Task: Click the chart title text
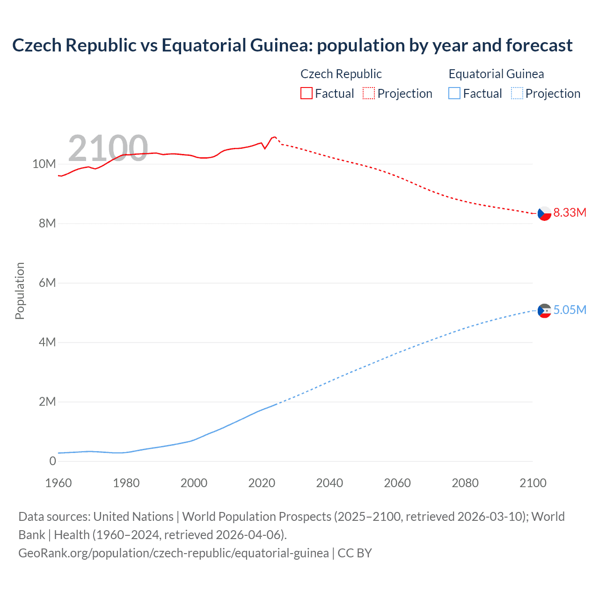pyautogui.click(x=292, y=45)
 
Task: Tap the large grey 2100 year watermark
pyautogui.click(x=108, y=148)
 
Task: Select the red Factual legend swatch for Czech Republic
pyautogui.click(x=306, y=94)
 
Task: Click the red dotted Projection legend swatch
pyautogui.click(x=369, y=94)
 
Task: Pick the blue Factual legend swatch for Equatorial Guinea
pyautogui.click(x=454, y=94)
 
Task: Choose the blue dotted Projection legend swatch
pyautogui.click(x=517, y=94)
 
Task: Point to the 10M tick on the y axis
pyautogui.click(x=44, y=164)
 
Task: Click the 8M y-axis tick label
pyautogui.click(x=47, y=224)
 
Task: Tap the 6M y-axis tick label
pyautogui.click(x=47, y=283)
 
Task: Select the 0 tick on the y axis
pyautogui.click(x=52, y=461)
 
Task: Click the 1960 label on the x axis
pyautogui.click(x=58, y=483)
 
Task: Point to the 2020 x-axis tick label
pyautogui.click(x=262, y=483)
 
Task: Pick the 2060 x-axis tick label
pyautogui.click(x=397, y=483)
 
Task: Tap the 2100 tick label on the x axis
pyautogui.click(x=533, y=483)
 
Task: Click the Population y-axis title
pyautogui.click(x=20, y=291)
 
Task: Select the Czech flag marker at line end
pyautogui.click(x=544, y=213)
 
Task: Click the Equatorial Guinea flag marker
pyautogui.click(x=544, y=311)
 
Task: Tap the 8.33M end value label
pyautogui.click(x=570, y=213)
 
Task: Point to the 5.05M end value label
pyautogui.click(x=570, y=310)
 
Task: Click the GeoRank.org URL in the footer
pyautogui.click(x=174, y=553)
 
